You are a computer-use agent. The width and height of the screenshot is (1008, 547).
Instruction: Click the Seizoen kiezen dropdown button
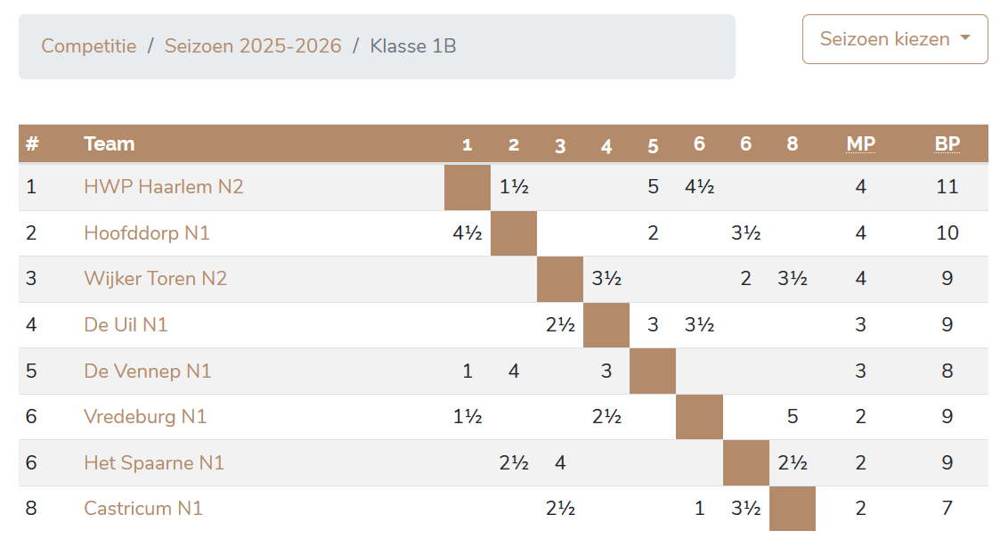coord(895,39)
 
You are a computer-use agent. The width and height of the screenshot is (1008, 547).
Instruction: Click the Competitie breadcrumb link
coord(89,46)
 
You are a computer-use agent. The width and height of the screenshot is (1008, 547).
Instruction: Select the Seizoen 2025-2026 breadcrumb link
coord(253,46)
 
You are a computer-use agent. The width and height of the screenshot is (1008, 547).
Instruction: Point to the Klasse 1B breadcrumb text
coord(413,46)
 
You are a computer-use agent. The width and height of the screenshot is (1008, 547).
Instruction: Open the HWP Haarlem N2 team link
coord(164,187)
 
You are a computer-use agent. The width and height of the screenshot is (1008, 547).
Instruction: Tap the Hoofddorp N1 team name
coord(147,233)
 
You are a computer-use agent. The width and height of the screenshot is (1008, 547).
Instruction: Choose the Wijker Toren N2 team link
coord(156,279)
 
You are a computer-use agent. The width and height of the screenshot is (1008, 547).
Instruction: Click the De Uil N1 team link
coord(126,325)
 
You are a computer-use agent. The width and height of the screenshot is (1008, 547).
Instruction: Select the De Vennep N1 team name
coord(148,371)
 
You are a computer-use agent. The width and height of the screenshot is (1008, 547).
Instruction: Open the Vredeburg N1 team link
coord(145,417)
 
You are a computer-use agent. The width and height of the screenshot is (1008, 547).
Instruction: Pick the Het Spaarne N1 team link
coord(154,463)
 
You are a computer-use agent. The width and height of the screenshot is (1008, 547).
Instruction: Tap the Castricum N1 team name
coord(143,509)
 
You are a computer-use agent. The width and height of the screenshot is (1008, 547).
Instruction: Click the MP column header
coord(860,144)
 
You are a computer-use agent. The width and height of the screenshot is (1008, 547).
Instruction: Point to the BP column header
coord(947,144)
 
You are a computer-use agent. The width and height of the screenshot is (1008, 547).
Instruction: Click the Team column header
coord(109,144)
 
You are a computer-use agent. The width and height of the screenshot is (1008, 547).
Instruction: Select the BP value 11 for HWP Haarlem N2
coord(947,187)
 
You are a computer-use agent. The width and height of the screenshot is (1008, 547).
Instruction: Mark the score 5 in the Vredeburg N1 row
coord(793,417)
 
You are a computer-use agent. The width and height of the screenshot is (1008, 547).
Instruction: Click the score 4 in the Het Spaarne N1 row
coord(560,463)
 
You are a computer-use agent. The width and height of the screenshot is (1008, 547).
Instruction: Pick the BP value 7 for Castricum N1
coord(947,509)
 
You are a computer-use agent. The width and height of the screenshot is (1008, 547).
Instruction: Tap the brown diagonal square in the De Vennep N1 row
coord(653,371)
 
